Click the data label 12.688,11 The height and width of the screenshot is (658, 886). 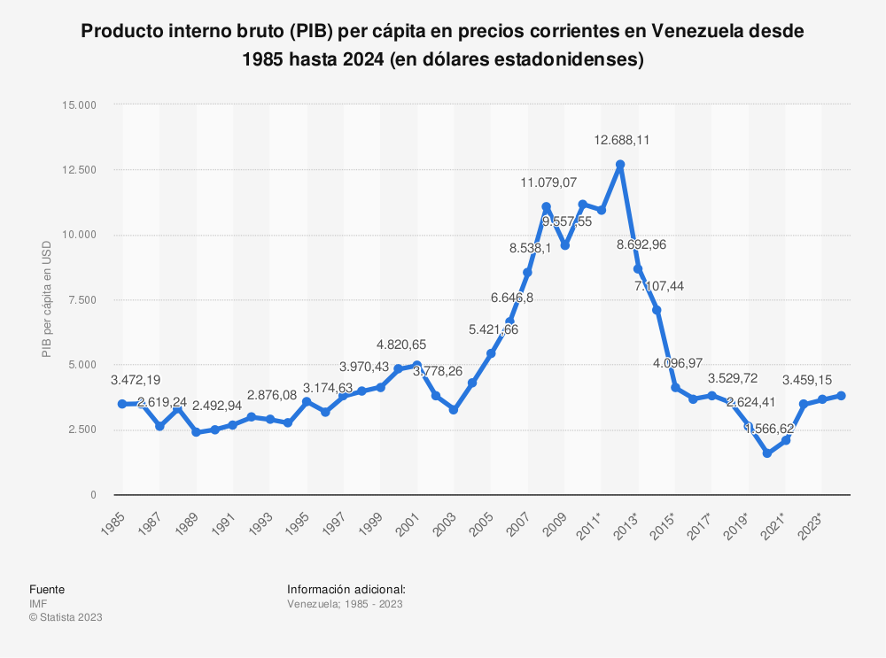(622, 140)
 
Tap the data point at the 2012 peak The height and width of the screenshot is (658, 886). (620, 165)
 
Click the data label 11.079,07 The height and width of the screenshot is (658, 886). (548, 182)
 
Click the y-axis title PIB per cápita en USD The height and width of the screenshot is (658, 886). (47, 299)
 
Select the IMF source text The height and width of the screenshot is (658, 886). (38, 604)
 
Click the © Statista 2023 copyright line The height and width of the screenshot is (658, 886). (66, 617)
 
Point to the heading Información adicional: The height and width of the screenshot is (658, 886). (346, 590)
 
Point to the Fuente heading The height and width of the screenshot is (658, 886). (47, 590)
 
